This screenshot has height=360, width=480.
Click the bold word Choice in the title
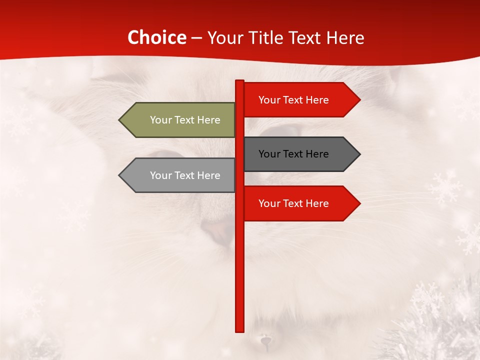(x=156, y=37)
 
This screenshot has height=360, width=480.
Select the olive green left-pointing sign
(x=180, y=120)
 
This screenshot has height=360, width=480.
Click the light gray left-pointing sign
(x=180, y=175)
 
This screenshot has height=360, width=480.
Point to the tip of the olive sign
(x=120, y=120)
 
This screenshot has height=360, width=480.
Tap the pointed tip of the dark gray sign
(x=359, y=154)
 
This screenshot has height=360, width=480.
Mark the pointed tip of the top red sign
(x=359, y=100)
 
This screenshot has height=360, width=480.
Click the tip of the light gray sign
(x=120, y=175)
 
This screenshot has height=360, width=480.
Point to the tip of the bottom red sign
(x=359, y=203)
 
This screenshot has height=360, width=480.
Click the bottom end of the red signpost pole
(x=240, y=330)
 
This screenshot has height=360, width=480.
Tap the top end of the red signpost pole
(x=240, y=81)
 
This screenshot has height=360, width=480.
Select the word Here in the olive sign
(x=208, y=120)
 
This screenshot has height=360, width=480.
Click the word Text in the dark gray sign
(x=293, y=154)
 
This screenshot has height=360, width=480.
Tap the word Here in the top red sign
(x=317, y=100)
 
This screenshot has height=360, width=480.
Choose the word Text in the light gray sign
(x=185, y=175)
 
